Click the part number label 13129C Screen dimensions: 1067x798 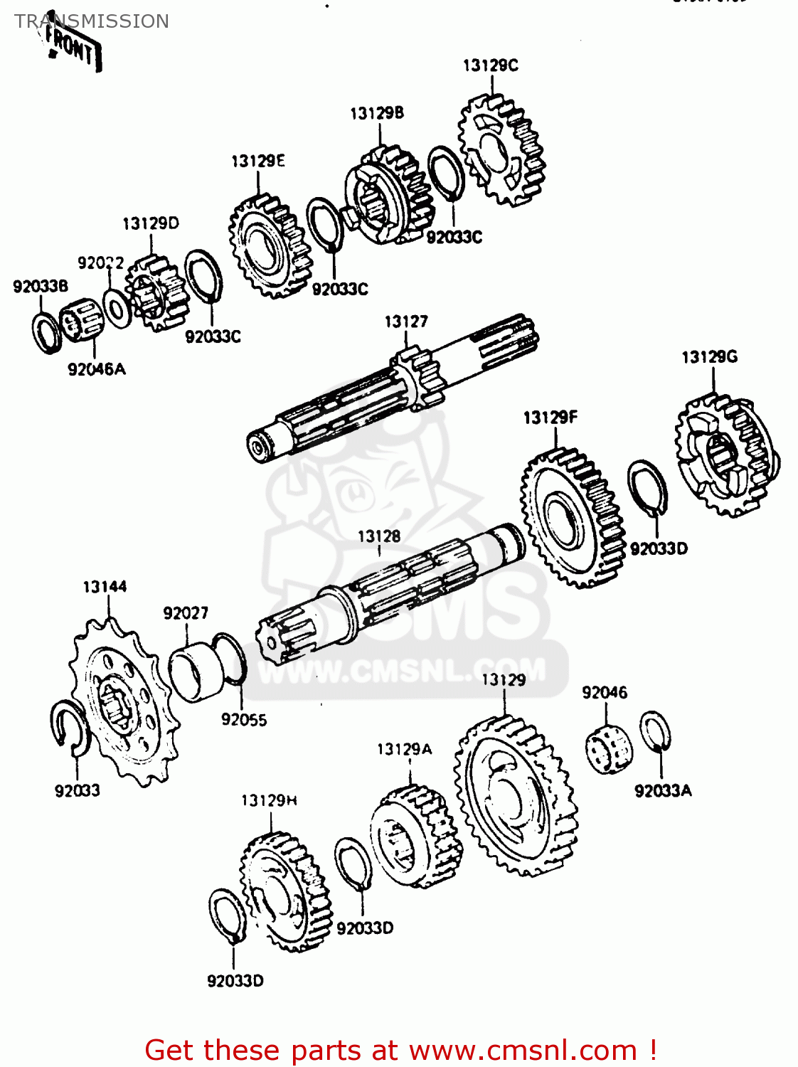(x=490, y=65)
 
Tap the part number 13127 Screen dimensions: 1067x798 (x=406, y=322)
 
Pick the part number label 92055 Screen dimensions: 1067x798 (x=244, y=720)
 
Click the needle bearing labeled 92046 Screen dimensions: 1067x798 (x=609, y=749)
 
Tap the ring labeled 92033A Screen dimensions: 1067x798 (x=654, y=731)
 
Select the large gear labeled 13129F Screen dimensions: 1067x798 (x=572, y=517)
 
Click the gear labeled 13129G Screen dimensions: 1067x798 (x=725, y=455)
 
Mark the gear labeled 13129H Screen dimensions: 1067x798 (x=284, y=893)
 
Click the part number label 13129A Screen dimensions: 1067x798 (x=404, y=749)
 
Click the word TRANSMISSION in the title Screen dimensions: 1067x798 (x=92, y=21)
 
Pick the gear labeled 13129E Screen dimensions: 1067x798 (x=270, y=246)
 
